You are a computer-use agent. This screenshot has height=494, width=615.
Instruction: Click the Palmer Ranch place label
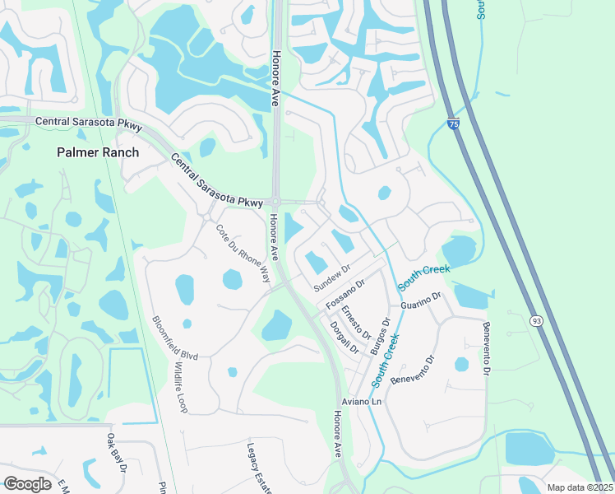tap(98, 152)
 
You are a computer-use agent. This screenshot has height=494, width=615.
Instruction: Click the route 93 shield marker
tap(535, 320)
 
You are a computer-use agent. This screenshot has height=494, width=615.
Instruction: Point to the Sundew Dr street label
tap(332, 277)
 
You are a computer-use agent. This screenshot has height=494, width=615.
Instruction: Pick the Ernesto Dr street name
tap(356, 321)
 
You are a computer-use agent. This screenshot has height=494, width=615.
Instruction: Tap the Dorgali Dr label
tap(344, 337)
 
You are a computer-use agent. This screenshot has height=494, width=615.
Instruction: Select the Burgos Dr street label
tap(380, 336)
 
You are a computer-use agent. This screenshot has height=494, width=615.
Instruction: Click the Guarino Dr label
tap(421, 301)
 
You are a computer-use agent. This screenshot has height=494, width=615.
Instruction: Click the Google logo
tap(27, 484)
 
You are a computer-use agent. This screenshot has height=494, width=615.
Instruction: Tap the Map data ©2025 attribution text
tap(579, 487)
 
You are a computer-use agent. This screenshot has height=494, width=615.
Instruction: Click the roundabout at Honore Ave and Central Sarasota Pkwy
tap(277, 202)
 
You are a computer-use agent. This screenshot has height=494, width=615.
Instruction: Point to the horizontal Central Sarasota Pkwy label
tap(90, 122)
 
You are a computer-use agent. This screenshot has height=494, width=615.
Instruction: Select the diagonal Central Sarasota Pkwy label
tap(217, 179)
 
